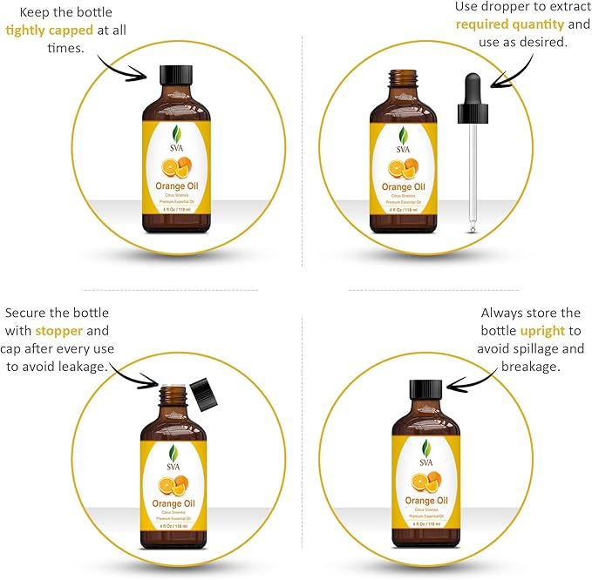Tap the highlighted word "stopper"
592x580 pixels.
pos(60,332)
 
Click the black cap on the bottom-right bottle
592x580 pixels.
pos(425,390)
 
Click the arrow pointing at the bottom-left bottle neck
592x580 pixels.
pos(134,378)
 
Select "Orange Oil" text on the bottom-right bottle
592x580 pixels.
pos(425,502)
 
